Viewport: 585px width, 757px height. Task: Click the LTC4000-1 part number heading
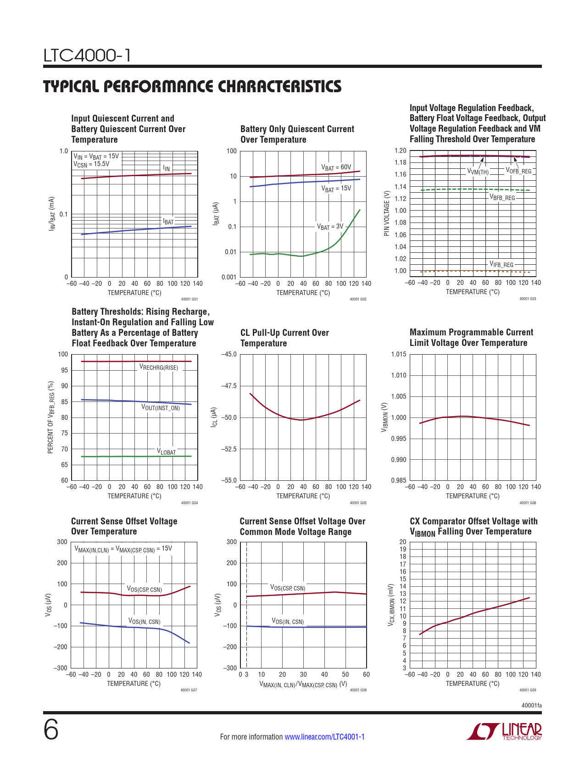tap(87, 56)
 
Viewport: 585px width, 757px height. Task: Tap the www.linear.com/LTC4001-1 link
tap(324, 737)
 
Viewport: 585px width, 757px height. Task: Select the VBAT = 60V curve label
tap(336, 167)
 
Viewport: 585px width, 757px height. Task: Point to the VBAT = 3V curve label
tap(330, 227)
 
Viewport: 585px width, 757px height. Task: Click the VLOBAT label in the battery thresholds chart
tap(166, 451)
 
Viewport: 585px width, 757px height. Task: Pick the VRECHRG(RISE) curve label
tap(159, 367)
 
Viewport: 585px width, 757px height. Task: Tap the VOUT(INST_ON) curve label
tap(161, 407)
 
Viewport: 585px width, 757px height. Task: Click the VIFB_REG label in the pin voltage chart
tap(501, 265)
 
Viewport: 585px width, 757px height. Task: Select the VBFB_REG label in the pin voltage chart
tap(502, 198)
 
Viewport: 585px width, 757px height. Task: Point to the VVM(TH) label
tap(478, 172)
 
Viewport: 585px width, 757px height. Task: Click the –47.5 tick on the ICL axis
tap(229, 386)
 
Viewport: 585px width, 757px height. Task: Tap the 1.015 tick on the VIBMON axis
tap(398, 354)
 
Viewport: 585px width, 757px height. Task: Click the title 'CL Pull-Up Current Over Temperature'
tap(284, 338)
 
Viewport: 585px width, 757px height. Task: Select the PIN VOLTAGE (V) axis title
tap(386, 213)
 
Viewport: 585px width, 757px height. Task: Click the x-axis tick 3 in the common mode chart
tap(246, 674)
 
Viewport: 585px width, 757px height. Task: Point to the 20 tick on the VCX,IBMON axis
tap(402, 542)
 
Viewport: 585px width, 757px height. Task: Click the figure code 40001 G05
tap(358, 503)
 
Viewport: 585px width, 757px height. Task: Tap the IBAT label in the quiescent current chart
tap(168, 222)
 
